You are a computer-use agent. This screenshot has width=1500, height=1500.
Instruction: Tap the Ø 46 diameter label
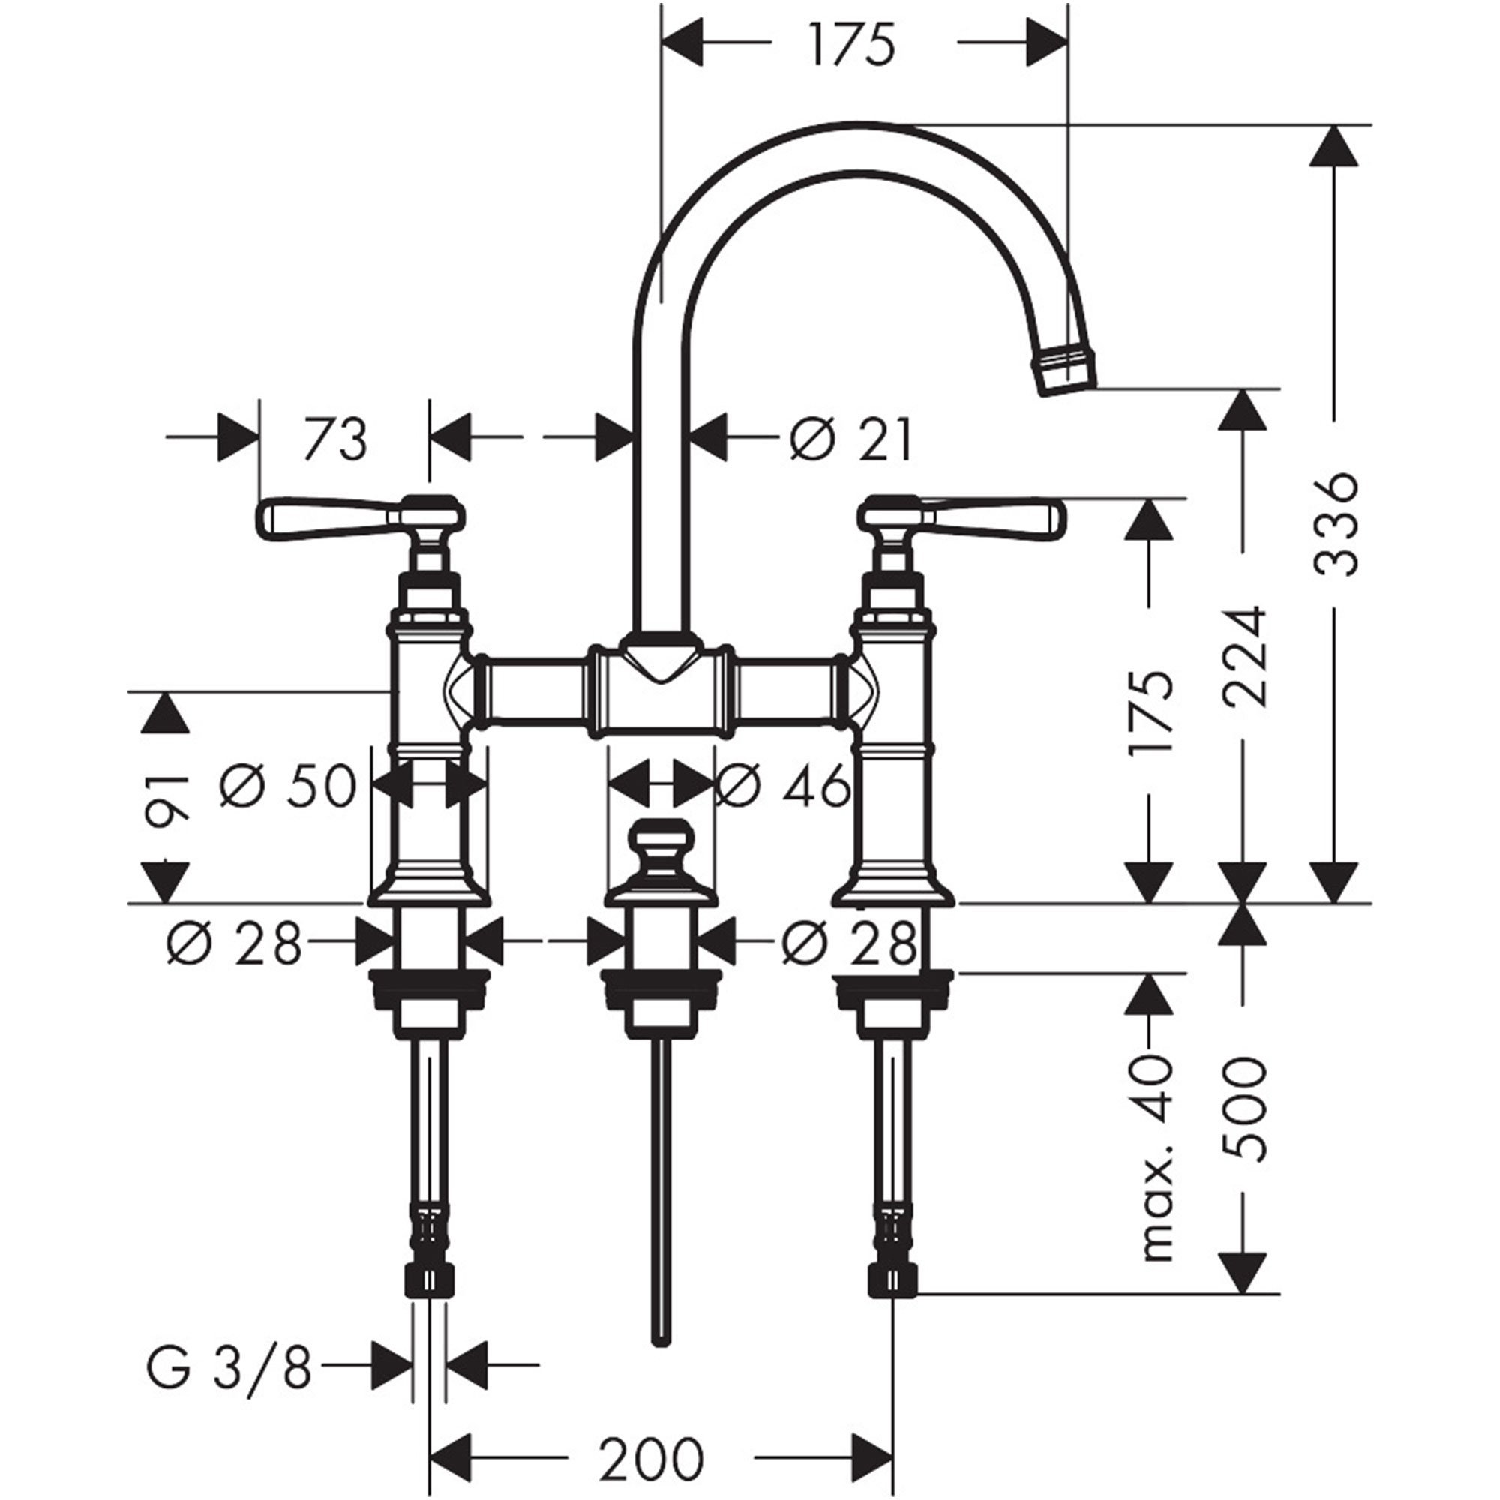782,787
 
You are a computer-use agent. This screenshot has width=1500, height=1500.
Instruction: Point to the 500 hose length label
1243,1118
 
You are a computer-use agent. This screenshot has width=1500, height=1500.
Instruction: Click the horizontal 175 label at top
851,44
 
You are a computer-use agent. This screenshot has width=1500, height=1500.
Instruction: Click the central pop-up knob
659,846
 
